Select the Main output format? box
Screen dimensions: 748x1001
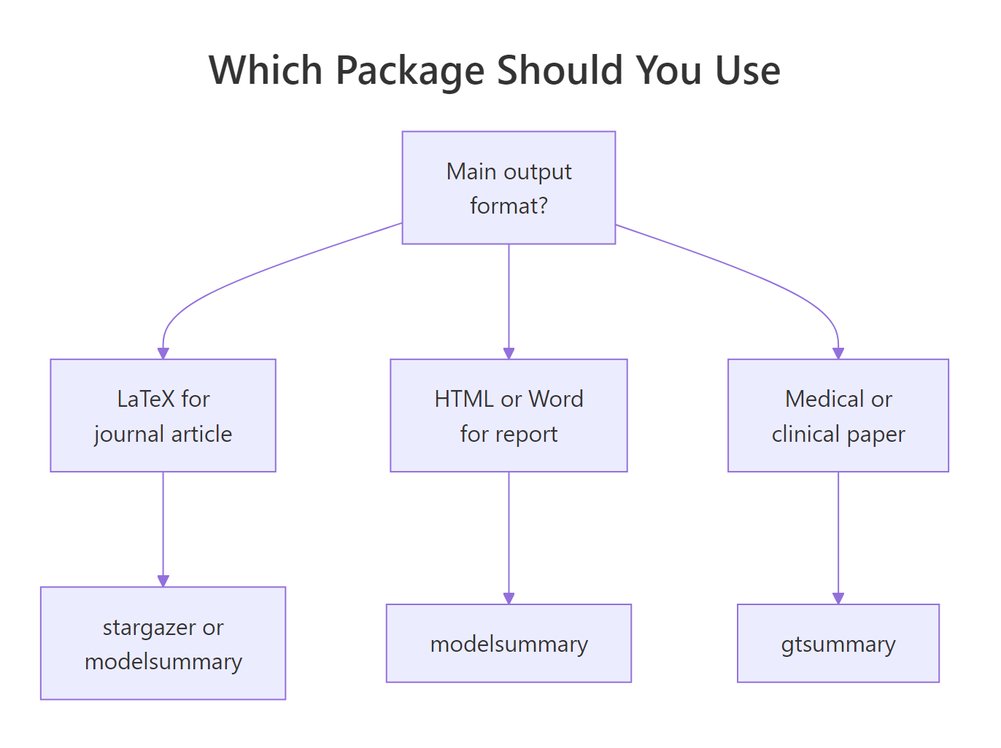509,187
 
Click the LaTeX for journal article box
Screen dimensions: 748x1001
163,415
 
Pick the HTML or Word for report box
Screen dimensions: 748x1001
509,415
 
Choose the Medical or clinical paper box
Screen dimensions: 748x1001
838,415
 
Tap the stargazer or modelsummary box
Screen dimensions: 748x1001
163,643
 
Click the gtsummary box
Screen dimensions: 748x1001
838,643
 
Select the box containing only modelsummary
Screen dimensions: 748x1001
509,643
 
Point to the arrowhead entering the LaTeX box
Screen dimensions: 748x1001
163,354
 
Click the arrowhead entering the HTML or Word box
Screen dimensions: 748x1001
509,354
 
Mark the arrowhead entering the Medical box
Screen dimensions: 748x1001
838,354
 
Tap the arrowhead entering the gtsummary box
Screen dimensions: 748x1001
838,599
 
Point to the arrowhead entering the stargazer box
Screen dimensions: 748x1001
163,581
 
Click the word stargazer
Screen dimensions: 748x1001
150,627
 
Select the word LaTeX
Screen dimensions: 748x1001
146,399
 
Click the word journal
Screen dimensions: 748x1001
128,435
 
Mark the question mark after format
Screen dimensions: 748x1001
541,206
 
